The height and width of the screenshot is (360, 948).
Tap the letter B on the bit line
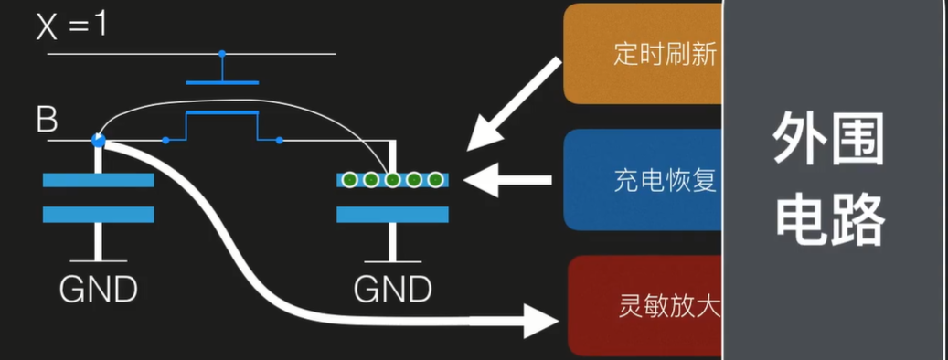[x=46, y=119]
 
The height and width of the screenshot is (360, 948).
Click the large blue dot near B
[x=99, y=141]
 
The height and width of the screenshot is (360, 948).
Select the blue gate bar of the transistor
[x=221, y=82]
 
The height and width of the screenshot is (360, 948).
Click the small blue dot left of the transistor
[x=165, y=141]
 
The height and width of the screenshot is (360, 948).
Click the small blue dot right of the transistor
[x=279, y=141]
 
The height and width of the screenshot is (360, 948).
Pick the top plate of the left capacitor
[x=98, y=180]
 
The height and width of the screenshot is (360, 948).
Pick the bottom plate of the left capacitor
[x=98, y=215]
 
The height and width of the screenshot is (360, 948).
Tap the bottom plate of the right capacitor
[x=393, y=215]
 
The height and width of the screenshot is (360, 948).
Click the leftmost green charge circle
[x=349, y=180]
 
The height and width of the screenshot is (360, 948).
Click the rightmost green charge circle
[x=436, y=180]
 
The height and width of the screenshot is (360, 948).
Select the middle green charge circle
[x=393, y=180]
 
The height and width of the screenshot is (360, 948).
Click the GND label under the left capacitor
[x=99, y=290]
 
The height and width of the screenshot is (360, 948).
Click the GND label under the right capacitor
[x=393, y=290]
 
